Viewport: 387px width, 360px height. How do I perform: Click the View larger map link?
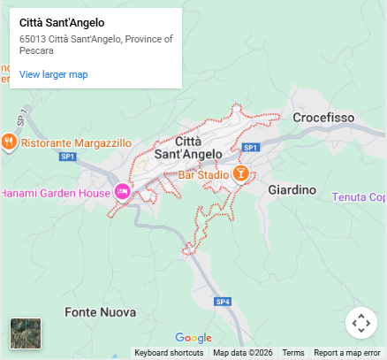[53, 74]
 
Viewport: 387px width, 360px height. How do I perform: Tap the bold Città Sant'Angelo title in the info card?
[62, 22]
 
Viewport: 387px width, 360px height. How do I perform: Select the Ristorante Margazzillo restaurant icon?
[9, 142]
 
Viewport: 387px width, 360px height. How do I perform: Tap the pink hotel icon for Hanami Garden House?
[123, 191]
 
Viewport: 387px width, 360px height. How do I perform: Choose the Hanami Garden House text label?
[56, 192]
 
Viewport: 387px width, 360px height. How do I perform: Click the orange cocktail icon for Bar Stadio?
[240, 172]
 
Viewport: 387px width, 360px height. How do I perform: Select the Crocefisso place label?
[323, 118]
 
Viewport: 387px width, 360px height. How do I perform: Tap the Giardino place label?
[292, 190]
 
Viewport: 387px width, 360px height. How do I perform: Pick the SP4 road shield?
[224, 302]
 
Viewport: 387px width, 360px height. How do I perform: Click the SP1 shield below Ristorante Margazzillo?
[68, 157]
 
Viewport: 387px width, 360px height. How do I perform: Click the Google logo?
[193, 337]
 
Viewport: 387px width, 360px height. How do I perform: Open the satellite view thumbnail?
[26, 333]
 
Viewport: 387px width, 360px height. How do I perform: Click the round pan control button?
[360, 323]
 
